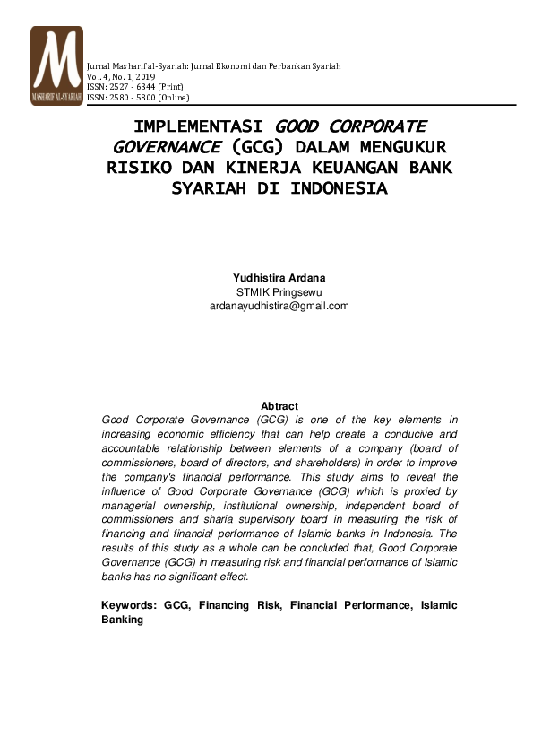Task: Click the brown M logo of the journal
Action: point(56,65)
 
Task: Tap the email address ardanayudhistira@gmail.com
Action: point(279,306)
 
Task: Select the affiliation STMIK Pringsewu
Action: point(279,292)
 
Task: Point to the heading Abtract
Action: point(279,406)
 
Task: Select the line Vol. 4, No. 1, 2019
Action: point(121,77)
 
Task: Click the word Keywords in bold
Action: point(129,605)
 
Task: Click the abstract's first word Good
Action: point(116,419)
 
